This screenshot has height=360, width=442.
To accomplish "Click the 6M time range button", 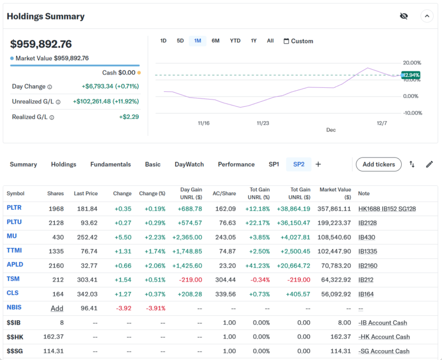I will (x=215, y=41).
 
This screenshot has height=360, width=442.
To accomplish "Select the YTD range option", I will (x=235, y=41).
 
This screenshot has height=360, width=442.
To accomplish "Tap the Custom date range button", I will (x=298, y=41).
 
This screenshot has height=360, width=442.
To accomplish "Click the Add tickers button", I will (x=378, y=164).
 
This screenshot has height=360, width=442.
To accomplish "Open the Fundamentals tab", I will (x=110, y=164).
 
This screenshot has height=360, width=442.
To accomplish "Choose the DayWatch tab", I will (x=189, y=164).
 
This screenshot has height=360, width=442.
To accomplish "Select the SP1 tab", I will (x=274, y=164).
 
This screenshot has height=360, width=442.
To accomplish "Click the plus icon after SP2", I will (x=318, y=164).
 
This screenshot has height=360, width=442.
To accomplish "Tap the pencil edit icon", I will (x=429, y=164).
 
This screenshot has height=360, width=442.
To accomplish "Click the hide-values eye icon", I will (x=404, y=16).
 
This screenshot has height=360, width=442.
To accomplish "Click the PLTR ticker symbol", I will (x=14, y=208).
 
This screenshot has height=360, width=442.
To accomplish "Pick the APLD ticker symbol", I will (x=15, y=265).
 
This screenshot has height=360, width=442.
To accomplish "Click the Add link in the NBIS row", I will (x=57, y=308).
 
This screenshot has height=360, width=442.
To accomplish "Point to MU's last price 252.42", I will (x=86, y=237).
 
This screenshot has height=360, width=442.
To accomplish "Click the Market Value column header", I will (x=335, y=194).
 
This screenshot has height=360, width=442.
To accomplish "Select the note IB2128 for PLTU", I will (x=368, y=222).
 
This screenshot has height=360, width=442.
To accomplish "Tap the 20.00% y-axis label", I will (x=412, y=63).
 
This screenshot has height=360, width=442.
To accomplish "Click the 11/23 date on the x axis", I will (x=263, y=123).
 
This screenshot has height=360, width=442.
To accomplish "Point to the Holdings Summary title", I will (x=46, y=17).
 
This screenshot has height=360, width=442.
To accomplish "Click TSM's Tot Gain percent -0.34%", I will (x=260, y=279).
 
